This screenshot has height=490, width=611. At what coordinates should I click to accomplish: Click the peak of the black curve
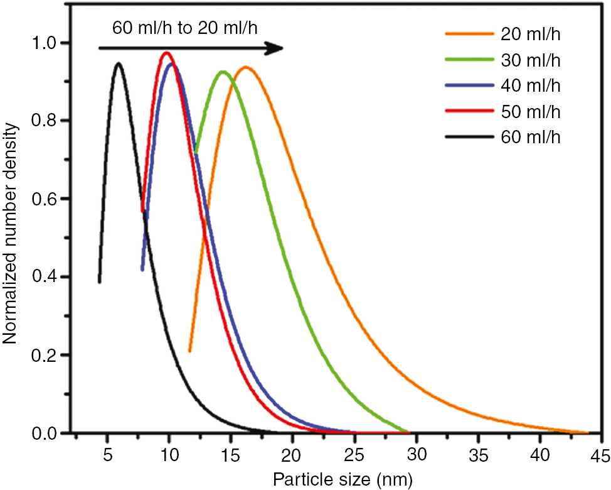(x=118, y=63)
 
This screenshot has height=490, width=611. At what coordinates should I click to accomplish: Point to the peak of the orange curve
(x=245, y=67)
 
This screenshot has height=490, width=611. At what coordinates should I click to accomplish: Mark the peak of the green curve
(x=222, y=72)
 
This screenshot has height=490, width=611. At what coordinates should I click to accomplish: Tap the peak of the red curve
(x=166, y=53)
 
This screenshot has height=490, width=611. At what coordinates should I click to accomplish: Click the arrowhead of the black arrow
(x=276, y=48)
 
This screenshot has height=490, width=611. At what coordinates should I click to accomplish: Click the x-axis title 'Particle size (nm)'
(x=343, y=481)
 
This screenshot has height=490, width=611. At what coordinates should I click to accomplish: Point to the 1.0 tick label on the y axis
(x=50, y=43)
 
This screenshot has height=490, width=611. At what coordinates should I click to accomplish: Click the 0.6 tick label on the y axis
(x=50, y=199)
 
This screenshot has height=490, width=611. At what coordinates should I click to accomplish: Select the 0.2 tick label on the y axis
(x=50, y=356)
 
